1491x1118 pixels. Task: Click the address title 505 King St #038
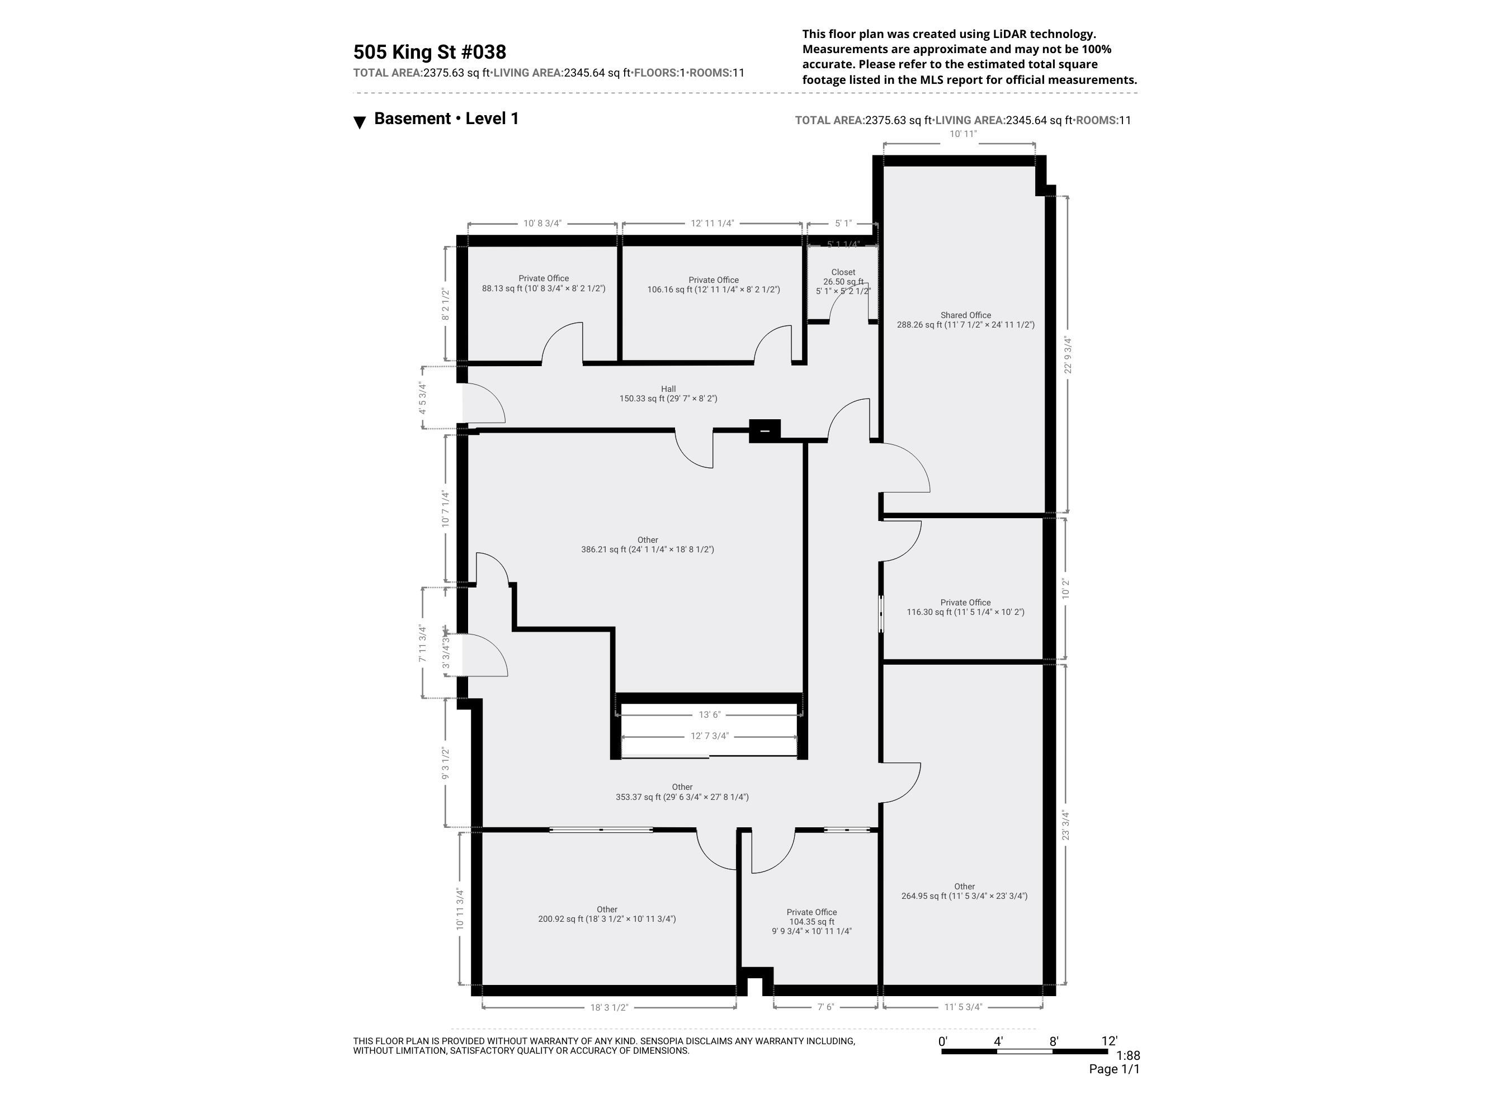[x=430, y=53]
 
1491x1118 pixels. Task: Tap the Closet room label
[x=843, y=272]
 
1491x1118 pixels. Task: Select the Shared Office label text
[x=965, y=315]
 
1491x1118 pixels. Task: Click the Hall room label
[x=668, y=389]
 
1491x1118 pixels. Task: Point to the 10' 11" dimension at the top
[x=962, y=134]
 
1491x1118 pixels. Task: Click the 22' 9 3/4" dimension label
[x=1067, y=355]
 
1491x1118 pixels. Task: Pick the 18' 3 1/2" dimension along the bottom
[x=608, y=1007]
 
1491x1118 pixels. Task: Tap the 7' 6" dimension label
[x=825, y=1007]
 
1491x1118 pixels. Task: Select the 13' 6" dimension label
[x=709, y=715]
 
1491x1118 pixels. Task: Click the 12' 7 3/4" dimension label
[x=709, y=736]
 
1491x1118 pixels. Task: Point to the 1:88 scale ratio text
[x=1127, y=1055]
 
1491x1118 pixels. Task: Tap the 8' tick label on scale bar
[x=1054, y=1041]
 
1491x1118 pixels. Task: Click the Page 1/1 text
[x=1113, y=1069]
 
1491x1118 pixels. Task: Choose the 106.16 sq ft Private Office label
[x=713, y=285]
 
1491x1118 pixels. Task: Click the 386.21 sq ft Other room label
[x=647, y=544]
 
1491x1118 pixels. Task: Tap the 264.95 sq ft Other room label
[x=964, y=892]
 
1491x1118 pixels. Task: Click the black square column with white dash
[x=765, y=430]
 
